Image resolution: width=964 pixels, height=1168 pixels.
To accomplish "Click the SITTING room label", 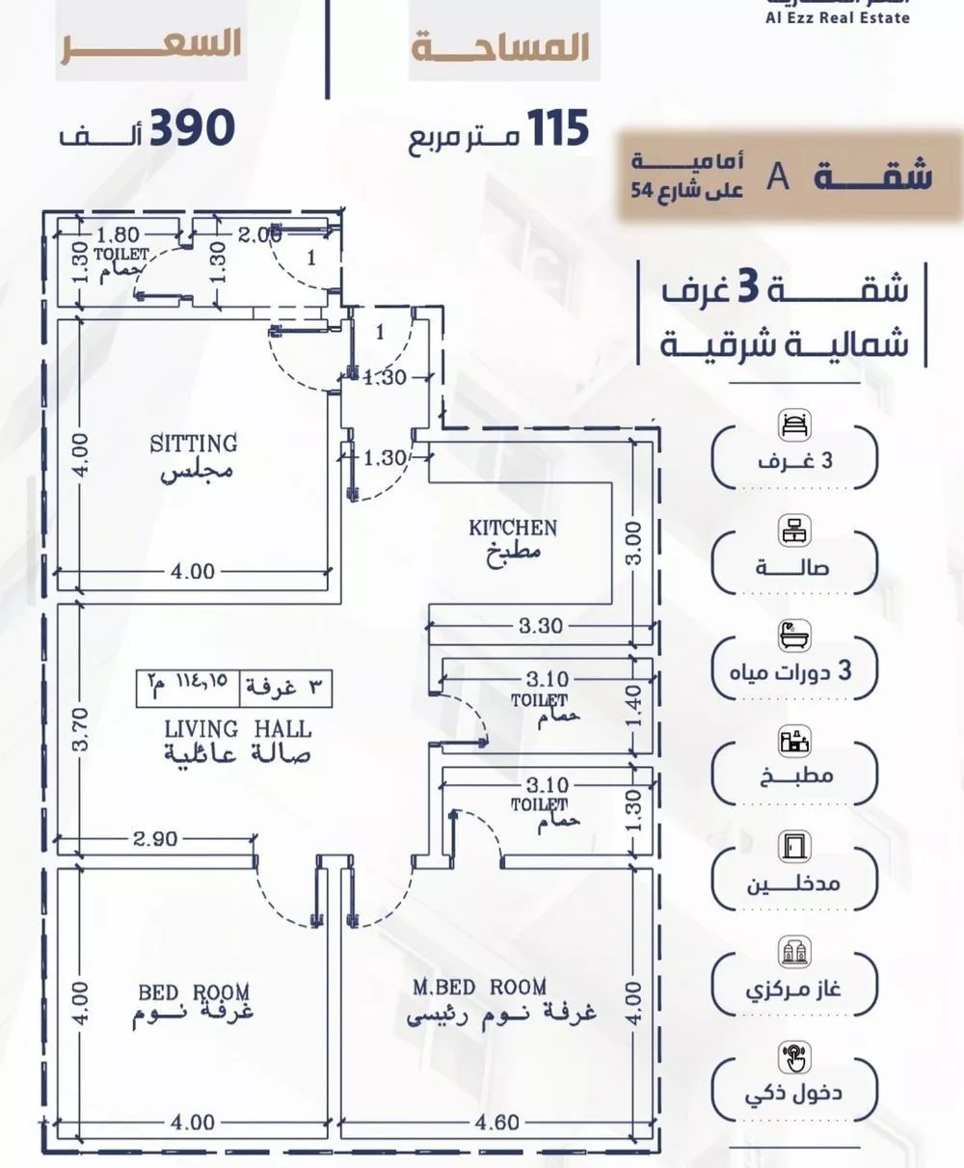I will [x=193, y=444].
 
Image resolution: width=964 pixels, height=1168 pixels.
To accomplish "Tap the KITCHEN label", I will [x=513, y=528].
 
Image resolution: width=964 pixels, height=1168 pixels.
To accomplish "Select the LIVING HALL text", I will [x=237, y=728].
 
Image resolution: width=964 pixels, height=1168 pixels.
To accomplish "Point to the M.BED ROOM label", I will [x=479, y=987].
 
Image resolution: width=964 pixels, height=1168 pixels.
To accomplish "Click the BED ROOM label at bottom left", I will [x=194, y=991].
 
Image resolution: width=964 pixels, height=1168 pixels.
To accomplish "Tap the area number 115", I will [x=556, y=128].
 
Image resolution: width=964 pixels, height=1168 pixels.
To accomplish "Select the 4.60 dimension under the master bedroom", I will [x=497, y=1123].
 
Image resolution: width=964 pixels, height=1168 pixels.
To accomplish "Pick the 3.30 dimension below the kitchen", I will [x=540, y=626].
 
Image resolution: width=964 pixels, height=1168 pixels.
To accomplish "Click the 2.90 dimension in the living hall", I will [x=156, y=839].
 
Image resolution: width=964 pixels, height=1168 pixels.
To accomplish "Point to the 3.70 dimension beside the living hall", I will [x=81, y=730].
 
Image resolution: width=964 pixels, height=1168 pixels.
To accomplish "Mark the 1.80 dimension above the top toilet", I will [x=120, y=233].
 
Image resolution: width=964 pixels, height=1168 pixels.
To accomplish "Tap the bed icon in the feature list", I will [x=794, y=424].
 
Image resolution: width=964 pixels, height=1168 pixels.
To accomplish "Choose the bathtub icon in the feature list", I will [x=794, y=635].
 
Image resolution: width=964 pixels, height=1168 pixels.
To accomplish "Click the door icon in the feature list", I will [x=794, y=845].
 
